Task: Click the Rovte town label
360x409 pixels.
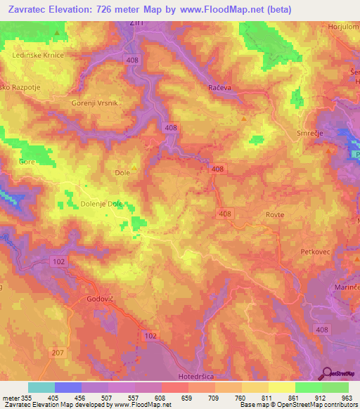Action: [274, 216]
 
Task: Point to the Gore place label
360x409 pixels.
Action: [27, 162]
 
